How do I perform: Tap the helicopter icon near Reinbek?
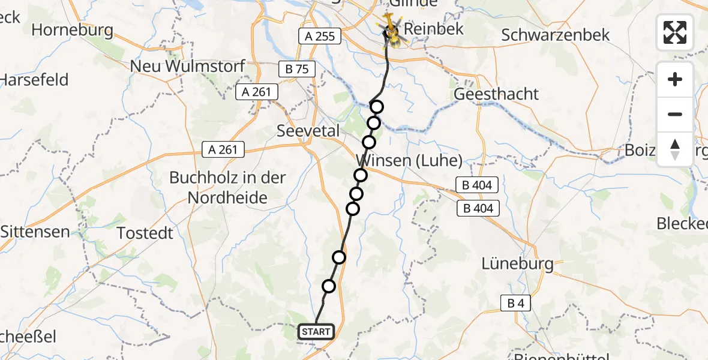point(391,30)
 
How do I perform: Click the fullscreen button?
point(675,32)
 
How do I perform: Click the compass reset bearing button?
point(675,149)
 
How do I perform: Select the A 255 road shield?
point(319,36)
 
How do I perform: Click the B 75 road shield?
point(297,69)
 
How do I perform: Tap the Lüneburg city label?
point(518,263)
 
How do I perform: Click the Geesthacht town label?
point(496,94)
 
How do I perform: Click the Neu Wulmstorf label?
point(188,66)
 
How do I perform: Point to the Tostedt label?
point(145,233)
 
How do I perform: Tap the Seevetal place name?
point(308,131)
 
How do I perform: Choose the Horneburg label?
point(73,29)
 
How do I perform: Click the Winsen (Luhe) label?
point(410,161)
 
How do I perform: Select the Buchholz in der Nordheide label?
point(227,187)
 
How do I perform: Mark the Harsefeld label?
point(34,79)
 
